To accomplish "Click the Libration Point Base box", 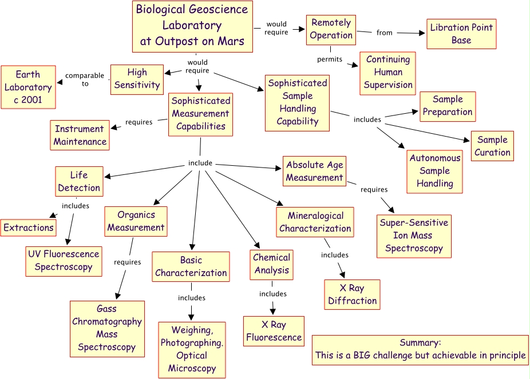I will pos(461,34).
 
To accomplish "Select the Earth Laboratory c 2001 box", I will pos(29,87).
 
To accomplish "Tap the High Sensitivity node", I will pos(137,79).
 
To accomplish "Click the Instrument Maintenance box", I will pos(80,135).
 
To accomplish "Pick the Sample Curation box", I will pos(492,146).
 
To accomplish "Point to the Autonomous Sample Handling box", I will pos(435,171).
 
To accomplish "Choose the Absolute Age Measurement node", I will pos(315,171).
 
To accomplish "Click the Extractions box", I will pos(29,228).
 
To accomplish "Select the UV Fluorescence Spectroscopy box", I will pos(64,261).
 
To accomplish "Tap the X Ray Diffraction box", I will pos(352,294).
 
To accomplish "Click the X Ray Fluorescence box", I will pos(274,331).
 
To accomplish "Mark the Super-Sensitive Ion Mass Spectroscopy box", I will pos(413,236).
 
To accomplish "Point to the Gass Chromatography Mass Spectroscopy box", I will pos(107,328).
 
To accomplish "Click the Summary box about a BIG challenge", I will pos(420,349).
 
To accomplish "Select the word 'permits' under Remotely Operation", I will pos(330,59).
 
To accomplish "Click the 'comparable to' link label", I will pos(85,79).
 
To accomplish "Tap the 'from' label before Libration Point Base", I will pos(385,33).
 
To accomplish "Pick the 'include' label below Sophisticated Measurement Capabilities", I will pos(200,163).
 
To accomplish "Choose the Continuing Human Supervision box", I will pos(388,73).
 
